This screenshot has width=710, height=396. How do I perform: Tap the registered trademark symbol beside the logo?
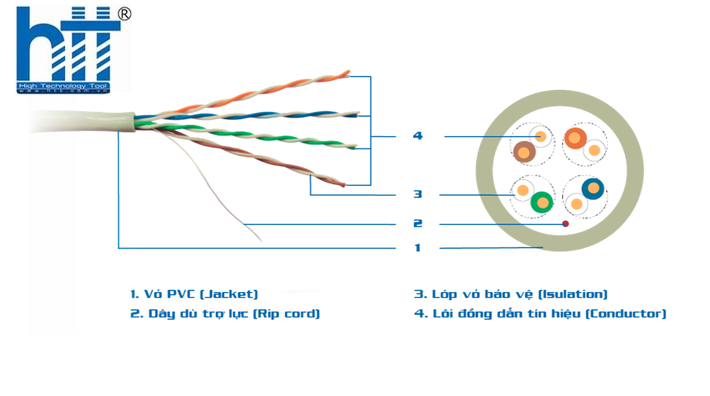pos(124,14)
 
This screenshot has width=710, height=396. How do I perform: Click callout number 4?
pos(417,136)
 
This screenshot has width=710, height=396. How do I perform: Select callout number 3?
pos(417,194)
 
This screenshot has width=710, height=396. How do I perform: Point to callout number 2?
pos(417,223)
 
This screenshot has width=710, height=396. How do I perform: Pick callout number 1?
pos(417,247)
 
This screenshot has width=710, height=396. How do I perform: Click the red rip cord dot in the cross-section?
pos(565,223)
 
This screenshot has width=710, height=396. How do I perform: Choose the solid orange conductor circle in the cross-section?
pos(574,138)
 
